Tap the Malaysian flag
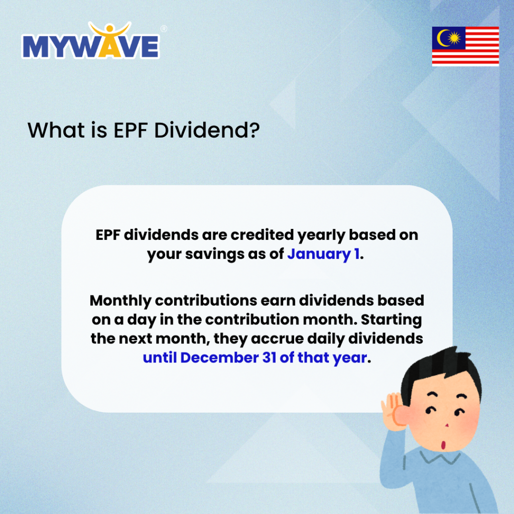[x=465, y=46]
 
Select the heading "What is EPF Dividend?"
[x=144, y=131]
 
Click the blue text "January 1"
[x=323, y=254]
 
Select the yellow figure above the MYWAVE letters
[x=109, y=31]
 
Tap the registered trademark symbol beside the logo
[x=164, y=29]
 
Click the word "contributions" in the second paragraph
[x=199, y=301]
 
